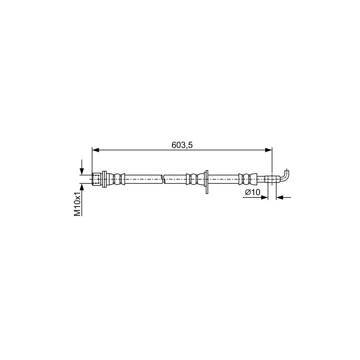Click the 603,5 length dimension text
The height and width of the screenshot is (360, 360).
182,145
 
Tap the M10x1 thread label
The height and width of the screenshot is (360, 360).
78,204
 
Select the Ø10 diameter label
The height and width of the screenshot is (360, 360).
252,192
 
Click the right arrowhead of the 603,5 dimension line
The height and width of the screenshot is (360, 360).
268,150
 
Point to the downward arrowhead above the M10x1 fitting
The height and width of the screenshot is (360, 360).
82,171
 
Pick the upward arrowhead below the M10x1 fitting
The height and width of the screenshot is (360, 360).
82,187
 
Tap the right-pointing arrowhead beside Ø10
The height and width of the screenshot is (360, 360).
264,197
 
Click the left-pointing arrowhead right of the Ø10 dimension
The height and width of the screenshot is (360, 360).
280,197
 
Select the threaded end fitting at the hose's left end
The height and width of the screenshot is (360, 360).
97,179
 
